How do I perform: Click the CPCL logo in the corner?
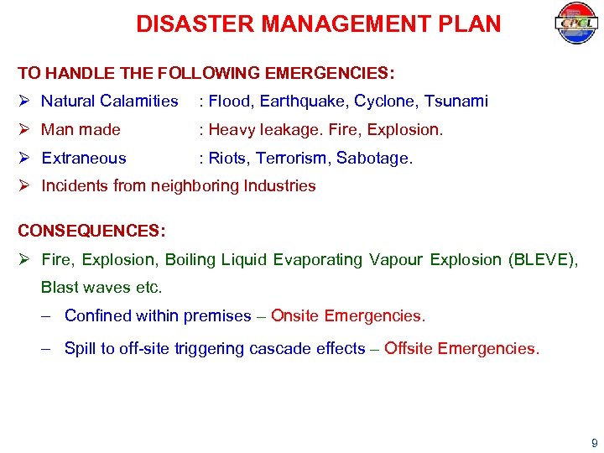click(575, 23)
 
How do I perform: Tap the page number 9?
click(594, 443)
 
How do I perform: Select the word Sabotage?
click(375, 158)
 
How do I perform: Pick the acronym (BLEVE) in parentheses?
click(544, 259)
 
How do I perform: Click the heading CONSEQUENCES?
click(92, 230)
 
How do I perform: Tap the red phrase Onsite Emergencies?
click(348, 316)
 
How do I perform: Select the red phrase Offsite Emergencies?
click(461, 348)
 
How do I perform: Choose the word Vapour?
click(396, 259)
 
